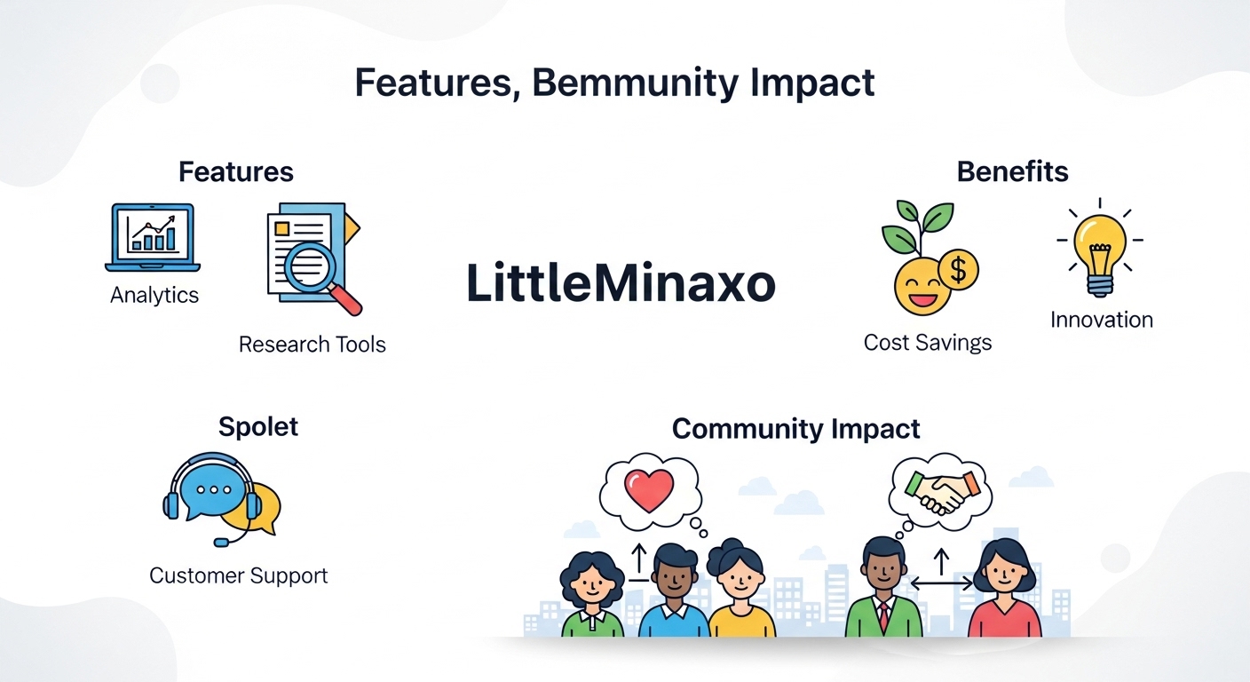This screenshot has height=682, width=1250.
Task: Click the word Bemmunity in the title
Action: tap(633, 83)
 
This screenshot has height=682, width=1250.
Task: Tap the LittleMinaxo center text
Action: tap(621, 283)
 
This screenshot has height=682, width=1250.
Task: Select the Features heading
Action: tap(236, 172)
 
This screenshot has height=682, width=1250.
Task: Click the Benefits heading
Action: tap(1012, 171)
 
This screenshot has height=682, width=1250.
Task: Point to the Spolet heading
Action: tap(257, 427)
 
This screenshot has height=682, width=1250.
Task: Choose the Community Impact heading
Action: tap(795, 429)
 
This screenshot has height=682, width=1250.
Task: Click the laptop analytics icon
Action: tap(153, 237)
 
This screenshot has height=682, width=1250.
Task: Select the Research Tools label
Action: tap(312, 345)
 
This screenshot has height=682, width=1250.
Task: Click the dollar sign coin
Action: tap(958, 270)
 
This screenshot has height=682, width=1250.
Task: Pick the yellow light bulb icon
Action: tap(1099, 250)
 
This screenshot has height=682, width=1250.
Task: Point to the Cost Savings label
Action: tap(928, 343)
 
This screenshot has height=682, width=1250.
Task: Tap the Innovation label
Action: tap(1102, 320)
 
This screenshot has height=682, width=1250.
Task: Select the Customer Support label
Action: tap(238, 575)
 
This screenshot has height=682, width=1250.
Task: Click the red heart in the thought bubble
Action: tap(648, 490)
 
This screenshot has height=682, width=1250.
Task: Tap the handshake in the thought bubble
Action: tap(943, 492)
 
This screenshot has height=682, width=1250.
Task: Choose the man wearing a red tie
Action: tap(884, 587)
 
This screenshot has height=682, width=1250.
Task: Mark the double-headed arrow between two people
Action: tap(941, 583)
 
